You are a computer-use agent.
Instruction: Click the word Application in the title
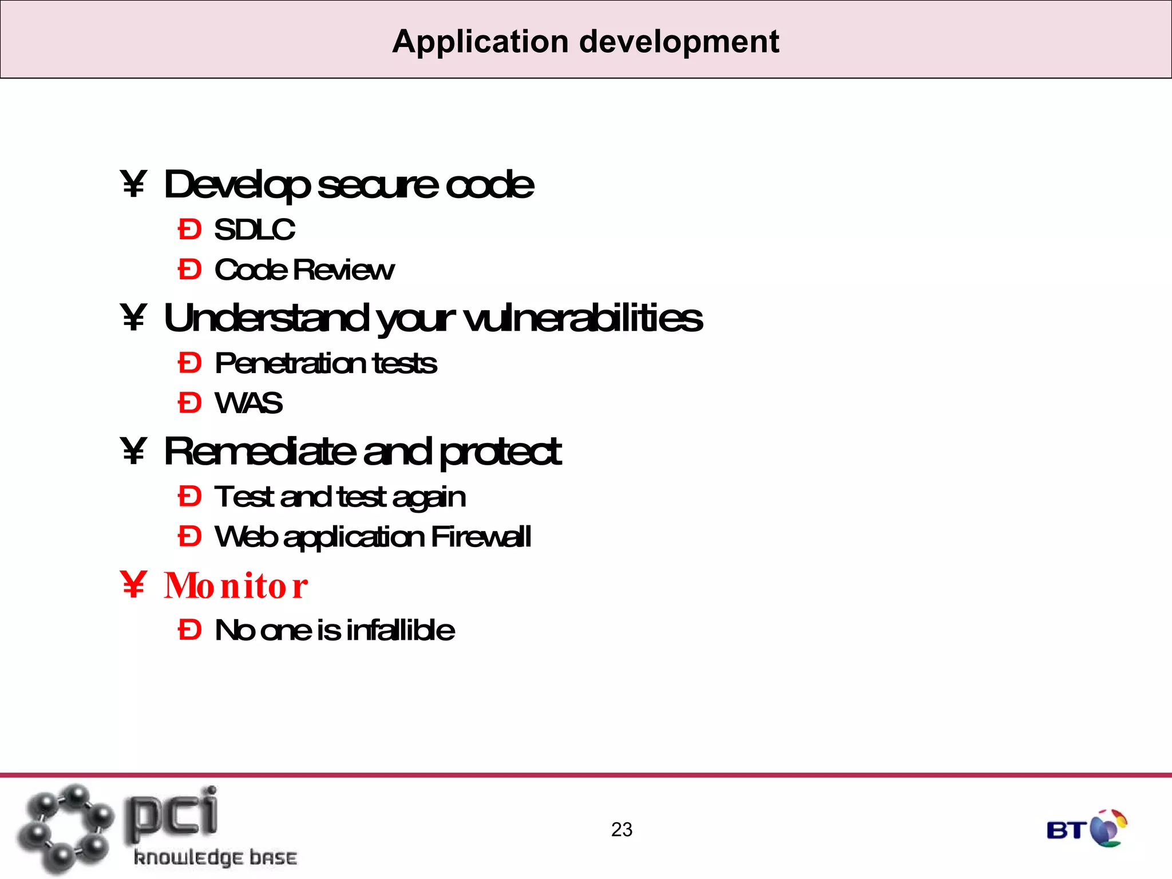point(480,42)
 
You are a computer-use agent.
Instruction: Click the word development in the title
point(679,42)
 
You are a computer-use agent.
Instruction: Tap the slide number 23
point(621,829)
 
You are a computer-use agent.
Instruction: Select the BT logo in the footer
point(1086,828)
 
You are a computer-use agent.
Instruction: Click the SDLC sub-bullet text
point(255,230)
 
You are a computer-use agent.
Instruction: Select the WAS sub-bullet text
point(248,403)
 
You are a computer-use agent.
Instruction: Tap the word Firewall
point(481,537)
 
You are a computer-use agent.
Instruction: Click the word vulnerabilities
point(583,318)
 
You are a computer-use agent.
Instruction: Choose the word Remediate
point(259,452)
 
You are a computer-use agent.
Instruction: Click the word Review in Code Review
point(343,270)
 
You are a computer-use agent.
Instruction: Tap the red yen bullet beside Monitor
point(134,585)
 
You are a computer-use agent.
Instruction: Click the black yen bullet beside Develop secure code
point(134,184)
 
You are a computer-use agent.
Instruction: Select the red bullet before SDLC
point(189,230)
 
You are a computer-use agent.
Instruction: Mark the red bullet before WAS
point(189,403)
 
